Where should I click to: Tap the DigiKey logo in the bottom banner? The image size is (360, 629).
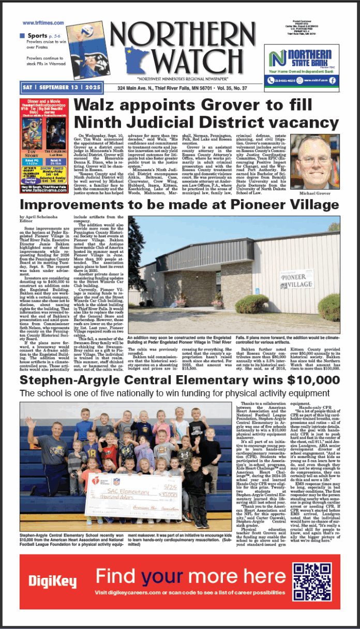click(52, 582)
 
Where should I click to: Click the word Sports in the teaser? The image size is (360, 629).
click(37, 35)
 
